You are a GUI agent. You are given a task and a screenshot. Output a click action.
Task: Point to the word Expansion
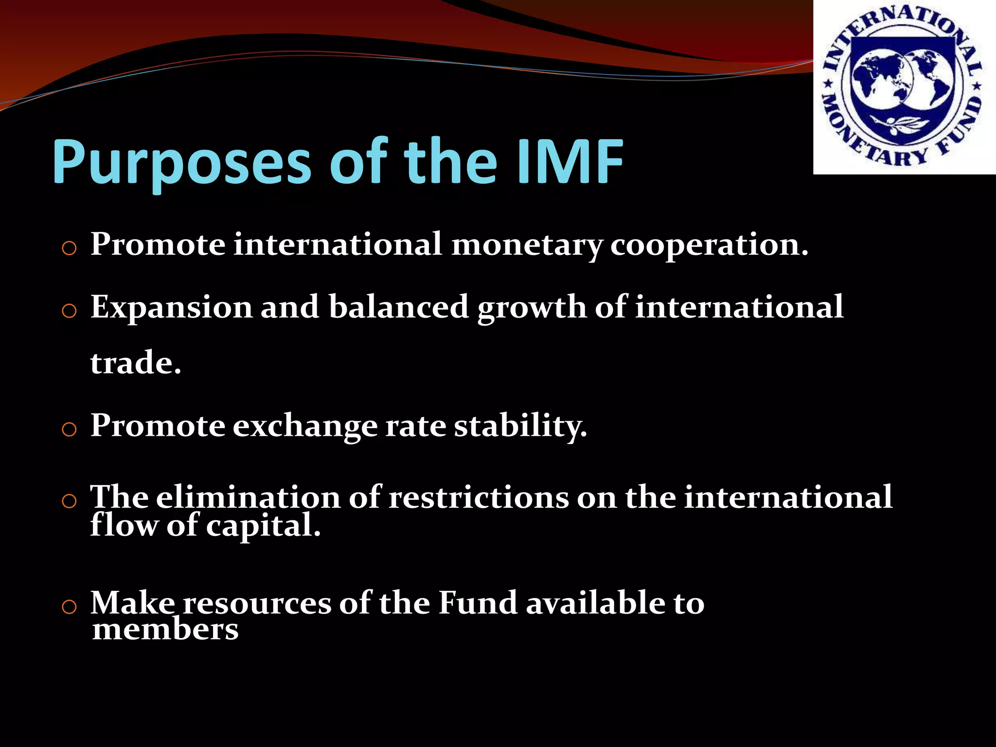pos(171,308)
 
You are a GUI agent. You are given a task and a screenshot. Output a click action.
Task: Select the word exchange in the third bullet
pos(304,427)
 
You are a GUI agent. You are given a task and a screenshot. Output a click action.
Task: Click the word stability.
pos(520,427)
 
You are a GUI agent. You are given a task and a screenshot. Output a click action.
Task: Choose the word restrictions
pos(479,498)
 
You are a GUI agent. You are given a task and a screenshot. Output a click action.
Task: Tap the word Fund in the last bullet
pos(478,603)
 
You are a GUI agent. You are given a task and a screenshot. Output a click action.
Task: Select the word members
pos(165,629)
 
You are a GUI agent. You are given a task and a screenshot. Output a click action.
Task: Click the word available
pos(595,603)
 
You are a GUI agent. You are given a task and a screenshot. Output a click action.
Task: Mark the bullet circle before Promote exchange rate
pos(70,429)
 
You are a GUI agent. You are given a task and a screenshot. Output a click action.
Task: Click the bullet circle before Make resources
pos(70,606)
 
